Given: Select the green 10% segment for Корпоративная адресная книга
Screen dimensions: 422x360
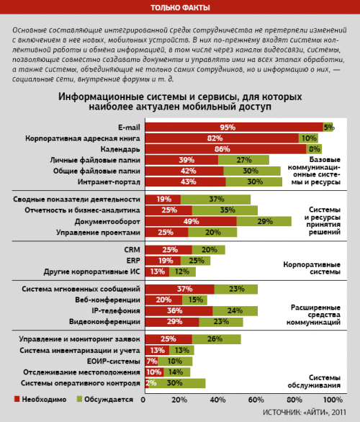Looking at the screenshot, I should point(308,138).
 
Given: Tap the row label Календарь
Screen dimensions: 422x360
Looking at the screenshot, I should point(120,148).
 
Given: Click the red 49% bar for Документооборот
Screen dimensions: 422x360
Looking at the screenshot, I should point(191,221).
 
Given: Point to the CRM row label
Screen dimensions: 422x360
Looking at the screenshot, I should point(132,249).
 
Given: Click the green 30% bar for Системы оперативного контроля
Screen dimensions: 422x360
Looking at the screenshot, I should point(177,383).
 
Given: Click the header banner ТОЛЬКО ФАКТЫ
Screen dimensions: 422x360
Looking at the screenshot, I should point(180,8).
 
